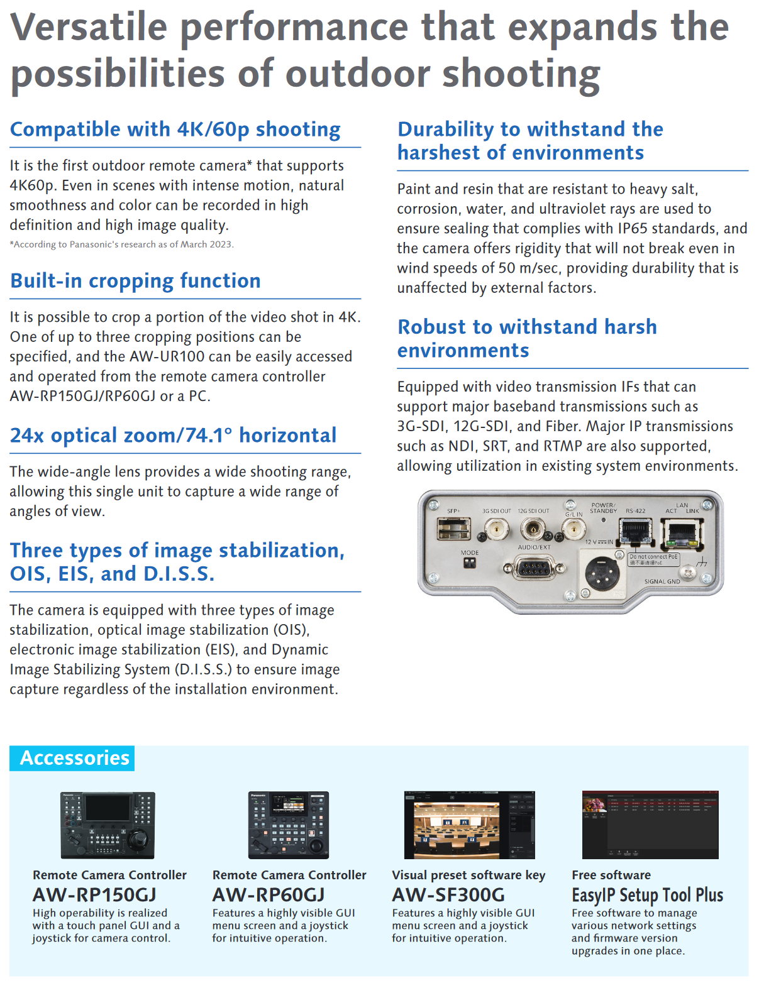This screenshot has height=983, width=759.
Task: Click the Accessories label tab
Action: pos(74,758)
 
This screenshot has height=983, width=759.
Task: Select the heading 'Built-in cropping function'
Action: pos(135,281)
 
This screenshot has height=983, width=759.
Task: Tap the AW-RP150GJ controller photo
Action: pos(108,825)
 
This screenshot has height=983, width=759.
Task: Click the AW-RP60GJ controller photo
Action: pos(289,825)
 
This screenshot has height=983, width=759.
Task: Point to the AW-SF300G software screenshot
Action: pos(469,825)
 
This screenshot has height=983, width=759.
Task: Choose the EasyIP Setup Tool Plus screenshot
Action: pos(650,825)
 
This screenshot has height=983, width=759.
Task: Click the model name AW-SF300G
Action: pos(448,895)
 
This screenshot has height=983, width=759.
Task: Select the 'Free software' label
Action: pos(611,875)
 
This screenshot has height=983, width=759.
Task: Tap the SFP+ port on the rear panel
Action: pos(454,529)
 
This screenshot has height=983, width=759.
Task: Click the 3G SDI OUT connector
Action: pos(496,530)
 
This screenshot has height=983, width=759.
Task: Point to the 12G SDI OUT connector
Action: pos(533,530)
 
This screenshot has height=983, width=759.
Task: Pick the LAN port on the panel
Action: pos(683,534)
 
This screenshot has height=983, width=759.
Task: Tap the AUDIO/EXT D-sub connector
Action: pos(533,569)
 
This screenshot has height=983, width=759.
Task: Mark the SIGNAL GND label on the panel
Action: pos(662,582)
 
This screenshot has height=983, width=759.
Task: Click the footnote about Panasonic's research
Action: pos(121,244)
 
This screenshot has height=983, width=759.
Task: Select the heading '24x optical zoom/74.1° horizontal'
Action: pos(173,436)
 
